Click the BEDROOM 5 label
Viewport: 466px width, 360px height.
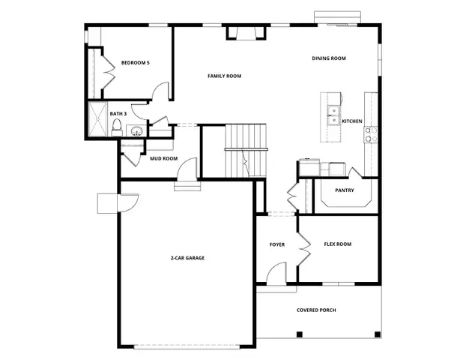(x=136, y=63)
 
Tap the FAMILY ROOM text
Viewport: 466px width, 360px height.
(x=224, y=76)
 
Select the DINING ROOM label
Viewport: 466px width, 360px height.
(x=329, y=58)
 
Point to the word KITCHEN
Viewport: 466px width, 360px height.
(x=352, y=121)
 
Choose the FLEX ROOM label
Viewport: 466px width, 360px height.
(x=337, y=244)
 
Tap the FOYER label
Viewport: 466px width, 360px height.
(x=277, y=244)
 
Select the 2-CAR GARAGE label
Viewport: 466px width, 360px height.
(x=187, y=258)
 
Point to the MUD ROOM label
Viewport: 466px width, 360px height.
(x=163, y=159)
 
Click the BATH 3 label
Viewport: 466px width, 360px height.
(x=118, y=114)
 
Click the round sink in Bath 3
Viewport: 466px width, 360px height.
(x=136, y=132)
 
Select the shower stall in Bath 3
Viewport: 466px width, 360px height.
(x=97, y=120)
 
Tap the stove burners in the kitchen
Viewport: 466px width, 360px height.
(x=369, y=134)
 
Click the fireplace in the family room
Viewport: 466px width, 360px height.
(x=246, y=32)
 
